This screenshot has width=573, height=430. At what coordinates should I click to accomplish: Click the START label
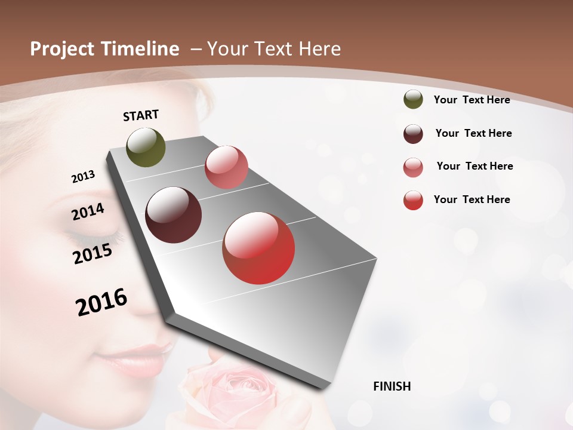141,115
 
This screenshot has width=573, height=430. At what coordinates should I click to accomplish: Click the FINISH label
392,386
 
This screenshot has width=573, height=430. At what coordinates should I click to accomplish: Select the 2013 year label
83,176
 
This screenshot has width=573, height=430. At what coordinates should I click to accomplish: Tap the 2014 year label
88,212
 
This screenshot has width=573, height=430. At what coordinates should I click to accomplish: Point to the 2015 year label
92,254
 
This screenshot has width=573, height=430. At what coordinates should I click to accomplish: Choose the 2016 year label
101,302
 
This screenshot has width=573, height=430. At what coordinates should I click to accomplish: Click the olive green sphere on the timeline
146,147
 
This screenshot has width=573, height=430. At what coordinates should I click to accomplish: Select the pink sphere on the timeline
226,167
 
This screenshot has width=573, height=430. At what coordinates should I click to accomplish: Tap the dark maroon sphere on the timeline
173,215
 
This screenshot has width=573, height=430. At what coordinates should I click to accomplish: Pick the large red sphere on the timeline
258,248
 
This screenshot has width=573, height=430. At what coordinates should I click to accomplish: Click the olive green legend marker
413,99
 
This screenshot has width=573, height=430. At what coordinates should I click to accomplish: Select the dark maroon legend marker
413,134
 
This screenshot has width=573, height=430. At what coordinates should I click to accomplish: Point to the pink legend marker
413,167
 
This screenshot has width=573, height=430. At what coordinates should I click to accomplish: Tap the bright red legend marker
413,200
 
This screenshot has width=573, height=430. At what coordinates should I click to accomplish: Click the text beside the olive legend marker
472,100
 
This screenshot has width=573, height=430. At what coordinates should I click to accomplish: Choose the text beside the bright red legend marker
472,199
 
